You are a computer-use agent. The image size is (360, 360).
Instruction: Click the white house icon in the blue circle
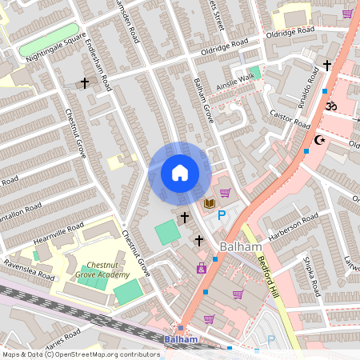pyautogui.click(x=179, y=172)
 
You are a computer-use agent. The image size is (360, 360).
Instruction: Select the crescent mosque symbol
pyautogui.click(x=321, y=141)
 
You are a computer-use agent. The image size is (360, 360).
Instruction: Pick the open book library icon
pyautogui.click(x=210, y=203)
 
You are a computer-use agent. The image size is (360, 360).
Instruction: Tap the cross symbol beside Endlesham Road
pyautogui.click(x=84, y=82)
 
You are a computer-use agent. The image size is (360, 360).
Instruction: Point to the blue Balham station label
pyautogui.click(x=181, y=339)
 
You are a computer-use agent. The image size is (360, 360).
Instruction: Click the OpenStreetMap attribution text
pyautogui.click(x=81, y=354)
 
